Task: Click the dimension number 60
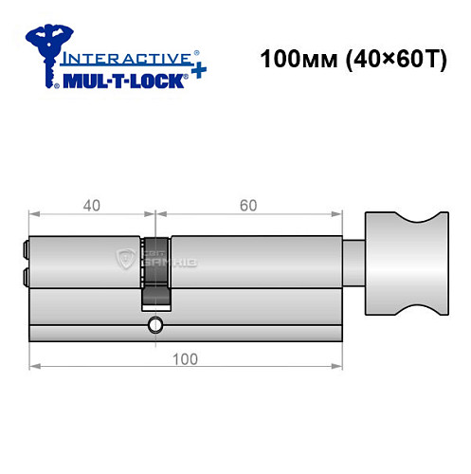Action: [247, 205]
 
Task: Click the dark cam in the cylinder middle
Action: [156, 270]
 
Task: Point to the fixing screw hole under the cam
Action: [155, 326]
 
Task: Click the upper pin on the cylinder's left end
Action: [25, 250]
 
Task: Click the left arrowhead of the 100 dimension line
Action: [35, 365]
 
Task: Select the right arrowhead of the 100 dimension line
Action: [335, 365]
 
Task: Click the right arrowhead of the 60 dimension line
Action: [335, 213]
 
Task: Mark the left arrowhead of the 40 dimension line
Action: [35, 213]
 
